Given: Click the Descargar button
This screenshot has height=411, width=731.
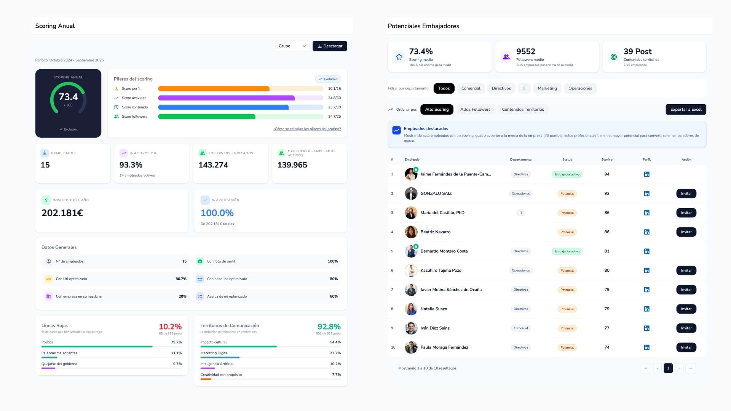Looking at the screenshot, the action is coord(330,46).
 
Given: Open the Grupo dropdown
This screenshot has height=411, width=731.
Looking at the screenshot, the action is coord(292,46).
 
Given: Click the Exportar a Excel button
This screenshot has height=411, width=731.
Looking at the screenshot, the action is coord(686,110).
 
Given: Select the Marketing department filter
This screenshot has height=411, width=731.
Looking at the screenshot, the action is coord(547,88).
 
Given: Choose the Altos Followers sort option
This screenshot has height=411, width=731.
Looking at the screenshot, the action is coord(475,110).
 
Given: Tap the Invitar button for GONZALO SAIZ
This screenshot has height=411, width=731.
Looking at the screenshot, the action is coord(686,194).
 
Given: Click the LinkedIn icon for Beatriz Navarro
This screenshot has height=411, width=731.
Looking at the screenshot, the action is coord(646,232).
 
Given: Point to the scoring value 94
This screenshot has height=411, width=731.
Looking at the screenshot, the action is coord(607,174).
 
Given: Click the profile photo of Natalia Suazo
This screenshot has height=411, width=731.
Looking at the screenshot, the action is coord(411,309).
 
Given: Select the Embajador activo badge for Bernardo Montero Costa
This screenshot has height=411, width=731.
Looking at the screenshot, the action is coord(567,252).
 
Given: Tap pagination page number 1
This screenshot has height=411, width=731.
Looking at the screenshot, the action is coord(668,368).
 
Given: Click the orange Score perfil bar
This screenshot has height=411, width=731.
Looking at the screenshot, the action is coord(214,89).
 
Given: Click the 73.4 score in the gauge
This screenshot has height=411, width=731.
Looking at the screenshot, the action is coord(68,97).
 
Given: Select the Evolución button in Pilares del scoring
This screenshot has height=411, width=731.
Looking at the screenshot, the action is coord(328,79).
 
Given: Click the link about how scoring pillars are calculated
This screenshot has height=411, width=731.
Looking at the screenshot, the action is coord(307,129).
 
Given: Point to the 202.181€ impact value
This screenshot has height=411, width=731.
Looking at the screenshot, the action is coord(62,213).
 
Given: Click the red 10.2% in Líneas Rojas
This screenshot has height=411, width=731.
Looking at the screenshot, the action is coord(170,327).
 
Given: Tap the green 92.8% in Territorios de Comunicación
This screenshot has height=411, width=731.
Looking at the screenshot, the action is coord(329,327).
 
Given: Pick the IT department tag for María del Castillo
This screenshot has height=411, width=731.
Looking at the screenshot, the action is coord(520,213).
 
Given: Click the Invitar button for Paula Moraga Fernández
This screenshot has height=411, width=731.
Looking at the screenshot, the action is coord(686,347).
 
